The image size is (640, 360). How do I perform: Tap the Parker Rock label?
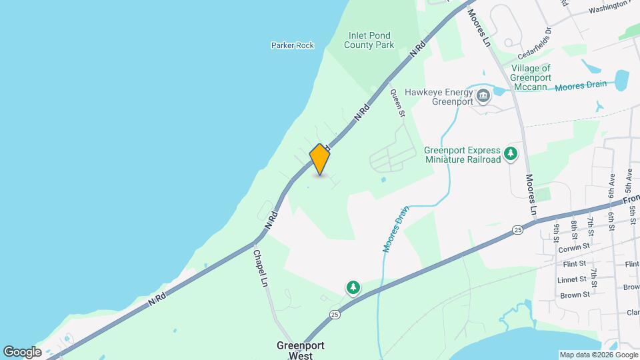coord(292,45)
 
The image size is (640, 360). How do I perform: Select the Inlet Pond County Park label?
coord(369,40)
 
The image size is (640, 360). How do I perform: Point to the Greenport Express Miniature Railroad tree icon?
coord(511,154)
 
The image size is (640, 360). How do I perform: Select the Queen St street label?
coord(398,103)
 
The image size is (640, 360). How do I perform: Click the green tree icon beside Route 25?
coord(353,288)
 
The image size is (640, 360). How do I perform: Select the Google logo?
coord(22,352)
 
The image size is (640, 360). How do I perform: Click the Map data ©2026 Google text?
coord(598,355)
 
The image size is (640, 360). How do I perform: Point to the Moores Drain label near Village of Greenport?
coord(581,86)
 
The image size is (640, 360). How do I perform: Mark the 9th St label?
coord(557,231)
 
